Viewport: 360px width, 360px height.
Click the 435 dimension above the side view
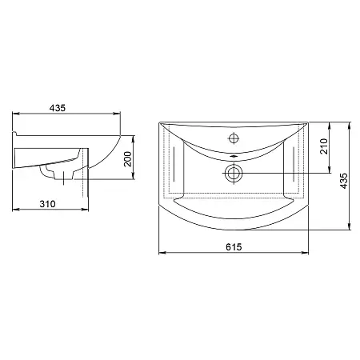tap(58, 108)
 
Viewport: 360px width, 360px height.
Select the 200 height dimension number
tap(128, 159)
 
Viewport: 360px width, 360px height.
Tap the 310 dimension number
tap(48, 204)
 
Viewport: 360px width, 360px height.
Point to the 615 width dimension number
tap(234, 247)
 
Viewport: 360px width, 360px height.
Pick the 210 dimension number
tap(324, 146)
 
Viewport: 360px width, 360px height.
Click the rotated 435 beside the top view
tap(344, 181)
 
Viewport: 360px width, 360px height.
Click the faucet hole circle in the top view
tap(234, 138)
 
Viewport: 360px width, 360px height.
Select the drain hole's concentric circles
tap(234, 173)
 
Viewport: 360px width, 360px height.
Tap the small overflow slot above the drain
tap(234, 157)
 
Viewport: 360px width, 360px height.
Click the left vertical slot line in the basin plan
tap(174, 164)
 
